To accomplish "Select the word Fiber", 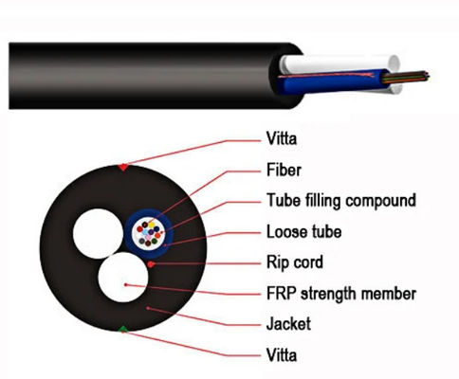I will click(284, 171).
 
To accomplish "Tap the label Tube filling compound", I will click(338, 201).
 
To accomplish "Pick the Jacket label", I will click(287, 323).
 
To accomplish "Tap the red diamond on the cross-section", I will click(123, 167).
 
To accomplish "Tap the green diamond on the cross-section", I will click(123, 329).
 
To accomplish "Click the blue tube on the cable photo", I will click(322, 94).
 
